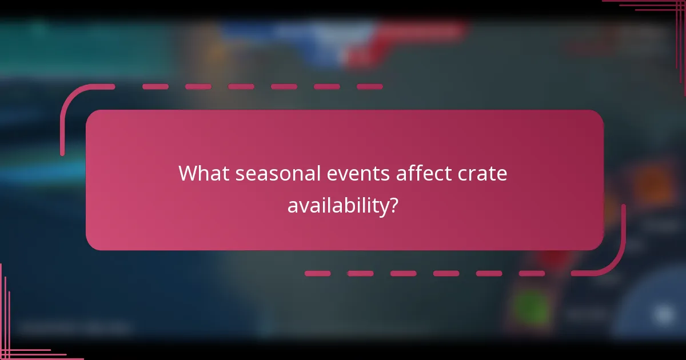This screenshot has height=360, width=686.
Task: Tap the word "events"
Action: coord(355,173)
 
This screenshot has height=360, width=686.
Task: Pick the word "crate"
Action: coord(483,173)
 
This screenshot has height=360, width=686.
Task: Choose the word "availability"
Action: coord(337,206)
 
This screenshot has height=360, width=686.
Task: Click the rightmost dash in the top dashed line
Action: coord(369,87)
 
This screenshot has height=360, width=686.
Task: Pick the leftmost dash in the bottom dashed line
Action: coord(317,274)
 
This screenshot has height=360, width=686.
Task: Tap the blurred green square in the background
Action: coord(531,307)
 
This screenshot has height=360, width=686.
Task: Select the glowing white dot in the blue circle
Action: coord(663,314)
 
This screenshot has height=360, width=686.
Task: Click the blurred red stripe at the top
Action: coord(412,31)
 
